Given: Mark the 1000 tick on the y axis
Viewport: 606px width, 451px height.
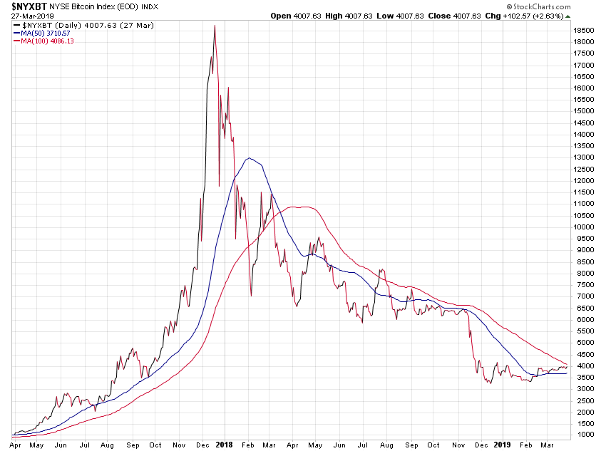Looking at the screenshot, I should pos(586,435).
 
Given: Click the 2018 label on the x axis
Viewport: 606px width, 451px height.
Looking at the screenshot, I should pos(224,444).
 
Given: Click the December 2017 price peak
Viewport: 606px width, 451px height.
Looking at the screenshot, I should pos(215,26).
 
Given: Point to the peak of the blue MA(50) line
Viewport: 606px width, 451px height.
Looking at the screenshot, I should pos(248,157).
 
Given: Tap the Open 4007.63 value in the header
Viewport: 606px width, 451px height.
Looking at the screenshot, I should pos(292,15).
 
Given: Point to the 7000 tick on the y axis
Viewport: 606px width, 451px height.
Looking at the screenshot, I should pos(586,296).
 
